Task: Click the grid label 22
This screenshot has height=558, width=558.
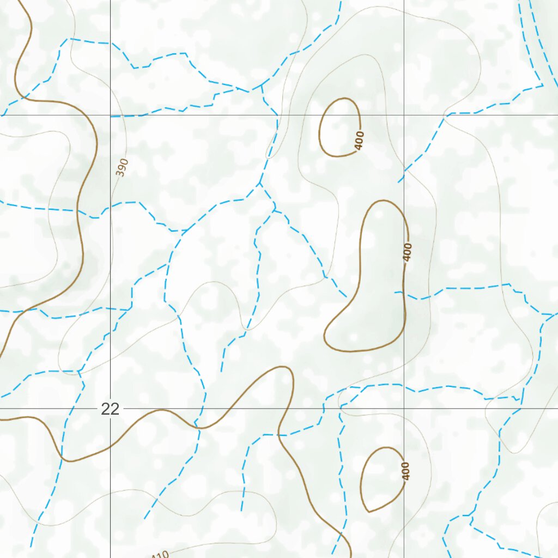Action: [110, 409]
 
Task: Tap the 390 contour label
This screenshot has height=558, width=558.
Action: [122, 167]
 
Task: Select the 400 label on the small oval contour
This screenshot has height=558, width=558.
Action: [359, 141]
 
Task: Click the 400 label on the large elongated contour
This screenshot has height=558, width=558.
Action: [408, 252]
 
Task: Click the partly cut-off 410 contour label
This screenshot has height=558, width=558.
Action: [159, 555]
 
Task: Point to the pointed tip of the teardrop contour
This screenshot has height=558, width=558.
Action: [369, 512]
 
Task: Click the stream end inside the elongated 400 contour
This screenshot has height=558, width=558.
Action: [396, 293]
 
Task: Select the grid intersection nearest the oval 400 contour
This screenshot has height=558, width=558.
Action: [404, 115]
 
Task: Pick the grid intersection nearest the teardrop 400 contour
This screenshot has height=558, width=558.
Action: [404, 408]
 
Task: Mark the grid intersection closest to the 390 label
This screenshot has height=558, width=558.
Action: [111, 115]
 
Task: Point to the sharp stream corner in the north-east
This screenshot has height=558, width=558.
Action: [543, 85]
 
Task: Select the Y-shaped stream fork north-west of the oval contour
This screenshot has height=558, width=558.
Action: [261, 86]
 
